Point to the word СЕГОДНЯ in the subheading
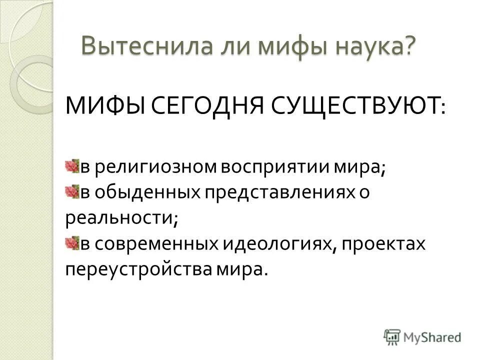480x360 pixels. pos(211,106)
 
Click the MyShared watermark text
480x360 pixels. pos(433,337)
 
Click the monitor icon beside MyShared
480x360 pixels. pos(392,336)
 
